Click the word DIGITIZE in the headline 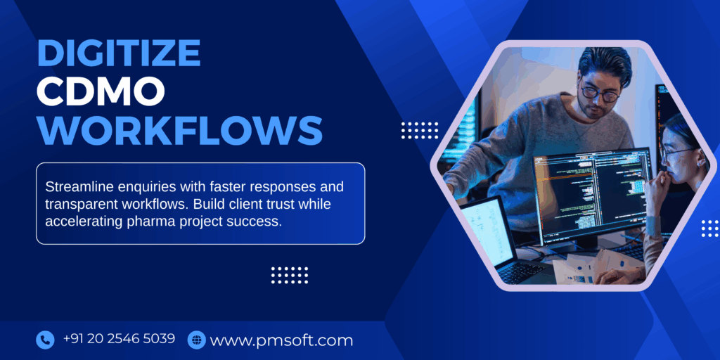[118, 54]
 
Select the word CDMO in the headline [101, 91]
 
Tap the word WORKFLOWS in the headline [179, 129]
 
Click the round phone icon [45, 340]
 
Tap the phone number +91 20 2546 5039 [119, 339]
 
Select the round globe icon [196, 340]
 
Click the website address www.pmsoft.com [281, 341]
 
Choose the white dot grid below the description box [290, 275]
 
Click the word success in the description [258, 220]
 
